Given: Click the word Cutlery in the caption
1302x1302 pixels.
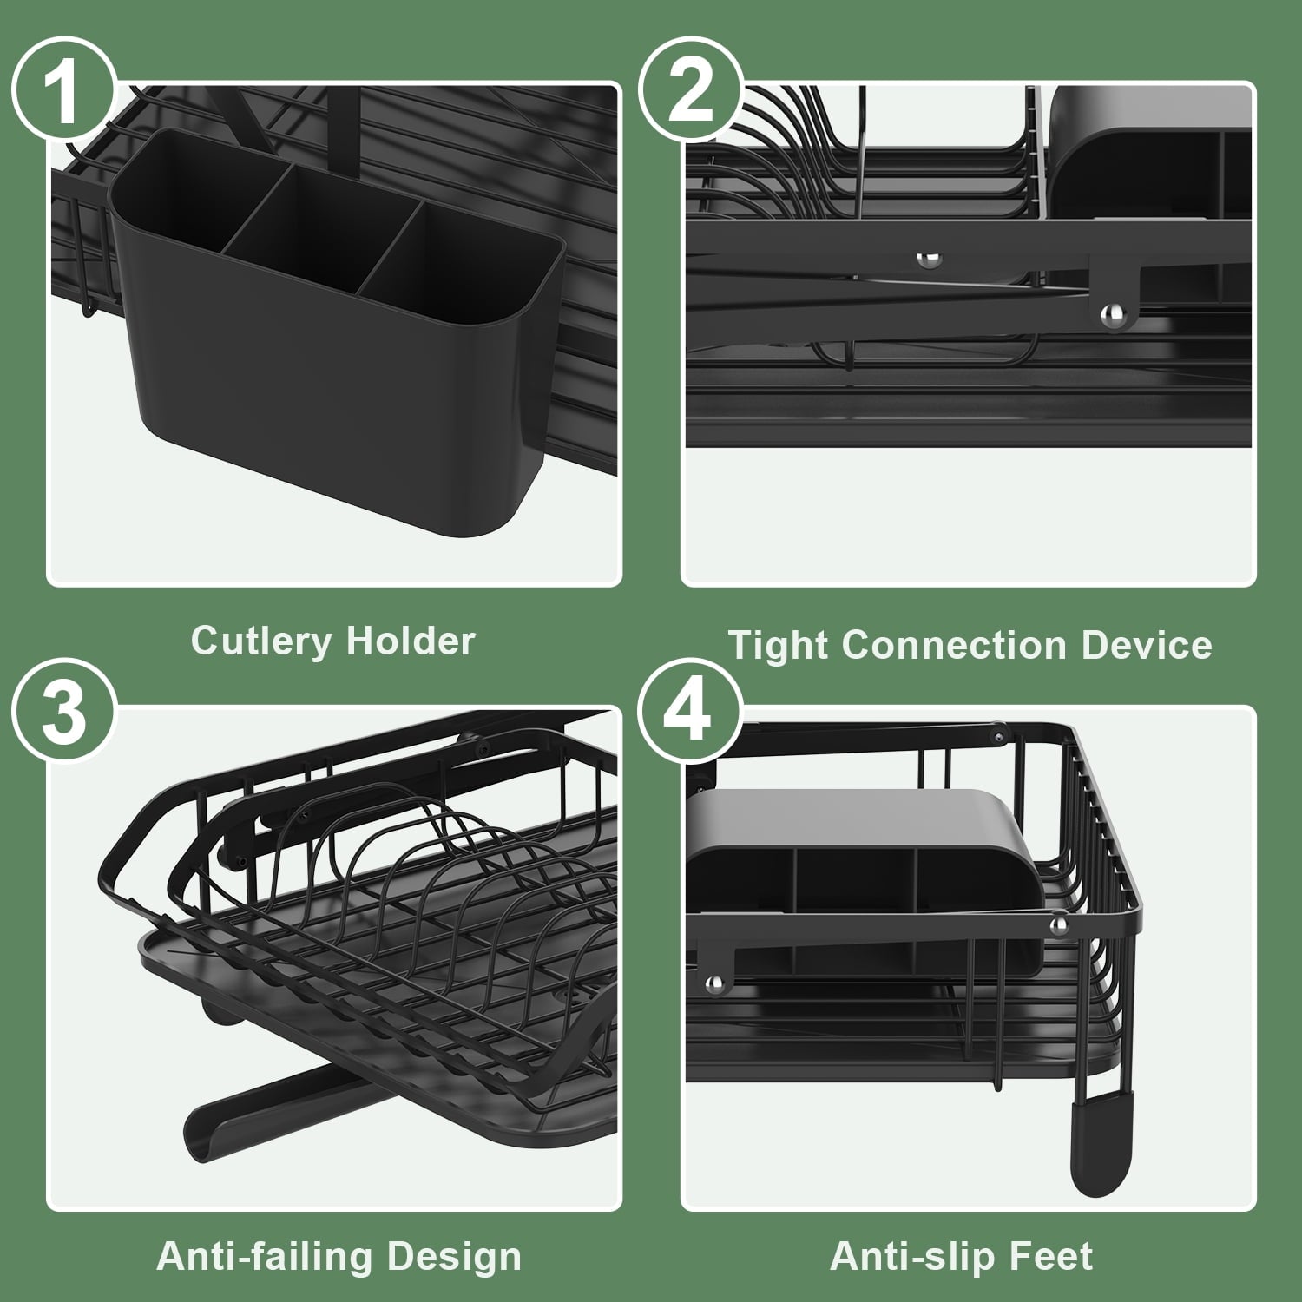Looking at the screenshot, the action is point(262,642).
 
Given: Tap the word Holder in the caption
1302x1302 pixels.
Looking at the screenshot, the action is point(411,641).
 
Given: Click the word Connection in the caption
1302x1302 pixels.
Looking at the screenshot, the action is point(954,646).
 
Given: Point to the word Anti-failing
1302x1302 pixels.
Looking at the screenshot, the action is point(265,1258).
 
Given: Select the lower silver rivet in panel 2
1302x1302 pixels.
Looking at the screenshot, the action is point(1110,312).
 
